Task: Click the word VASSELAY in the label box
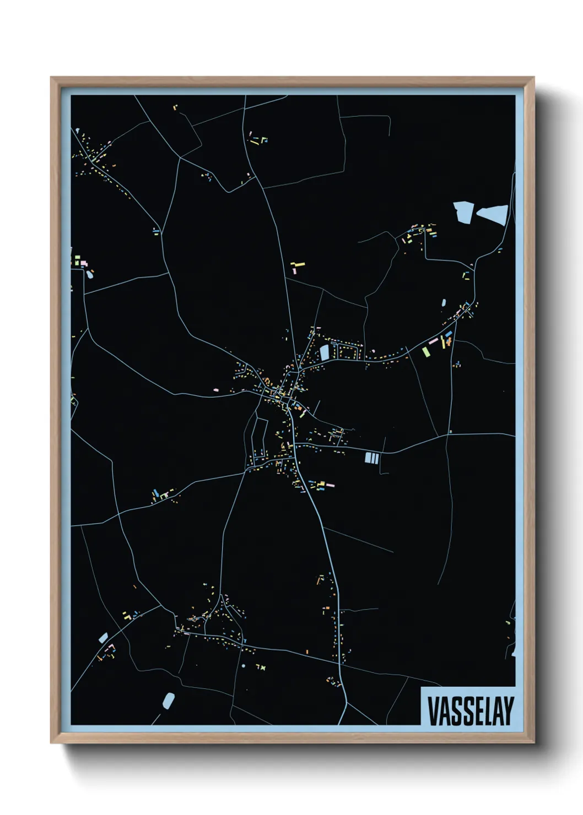470,711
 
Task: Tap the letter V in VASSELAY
433,711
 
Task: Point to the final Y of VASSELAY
508,711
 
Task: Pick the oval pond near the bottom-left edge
169,700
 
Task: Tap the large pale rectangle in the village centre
325,352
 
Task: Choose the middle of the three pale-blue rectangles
372,458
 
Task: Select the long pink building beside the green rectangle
434,341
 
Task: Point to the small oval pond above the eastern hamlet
444,302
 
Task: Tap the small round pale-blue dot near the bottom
244,666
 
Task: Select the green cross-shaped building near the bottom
263,668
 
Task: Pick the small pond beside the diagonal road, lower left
103,638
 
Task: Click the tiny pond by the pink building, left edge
90,274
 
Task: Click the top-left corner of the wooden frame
52,78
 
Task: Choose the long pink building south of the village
329,486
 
